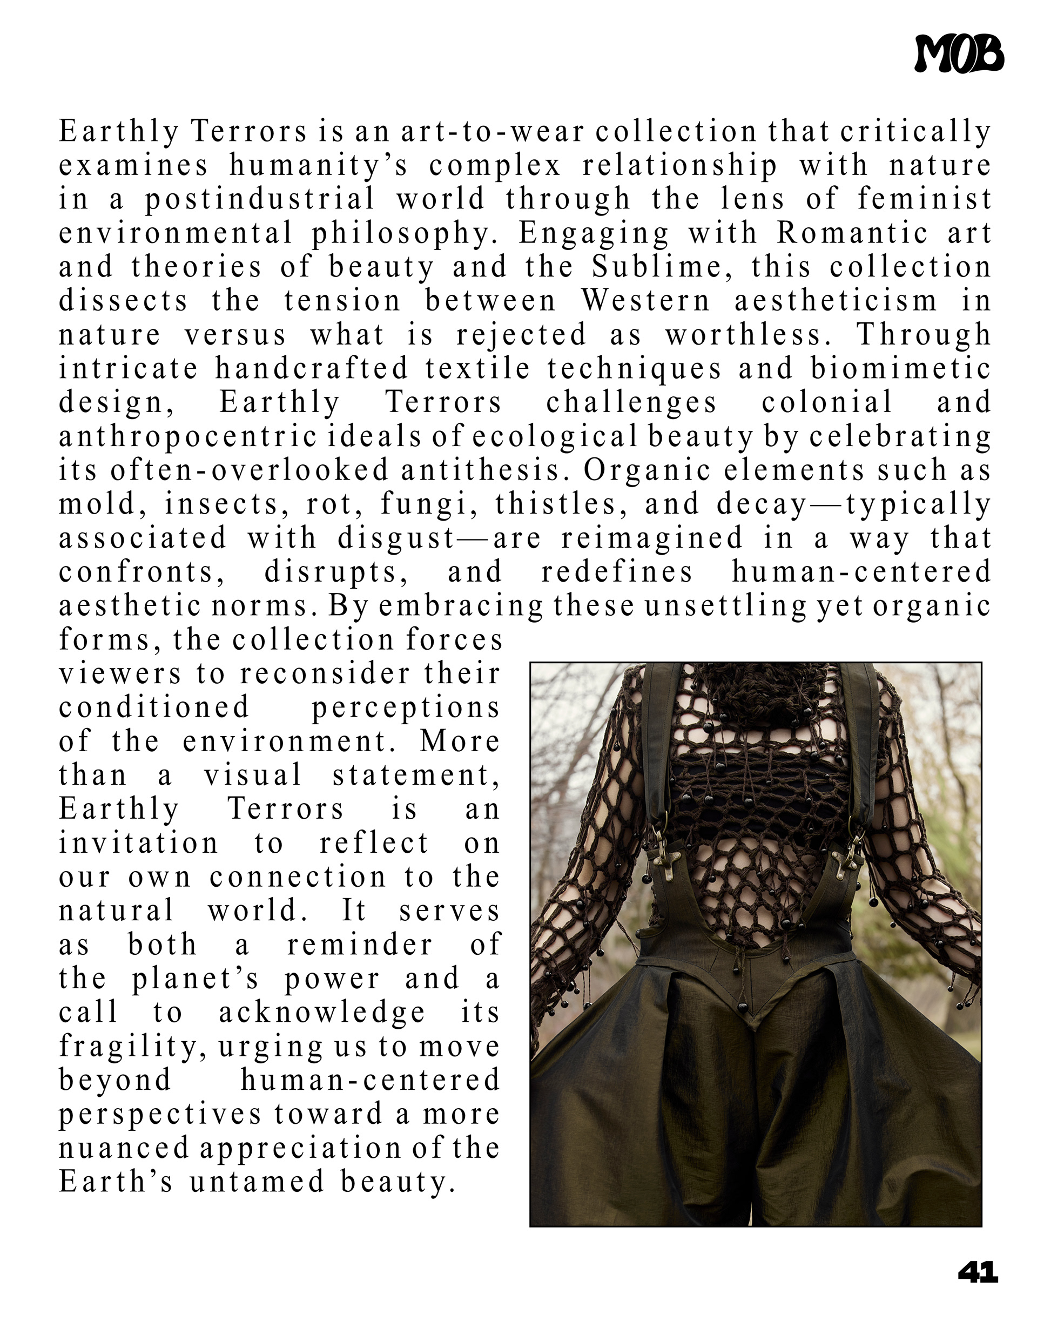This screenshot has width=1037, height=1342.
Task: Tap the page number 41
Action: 978,1272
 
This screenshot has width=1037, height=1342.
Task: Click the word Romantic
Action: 853,233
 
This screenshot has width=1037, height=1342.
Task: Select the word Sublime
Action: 662,267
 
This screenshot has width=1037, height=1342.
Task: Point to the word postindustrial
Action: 259,200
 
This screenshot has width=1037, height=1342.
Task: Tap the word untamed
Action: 257,1181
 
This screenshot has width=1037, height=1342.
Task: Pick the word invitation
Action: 138,843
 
